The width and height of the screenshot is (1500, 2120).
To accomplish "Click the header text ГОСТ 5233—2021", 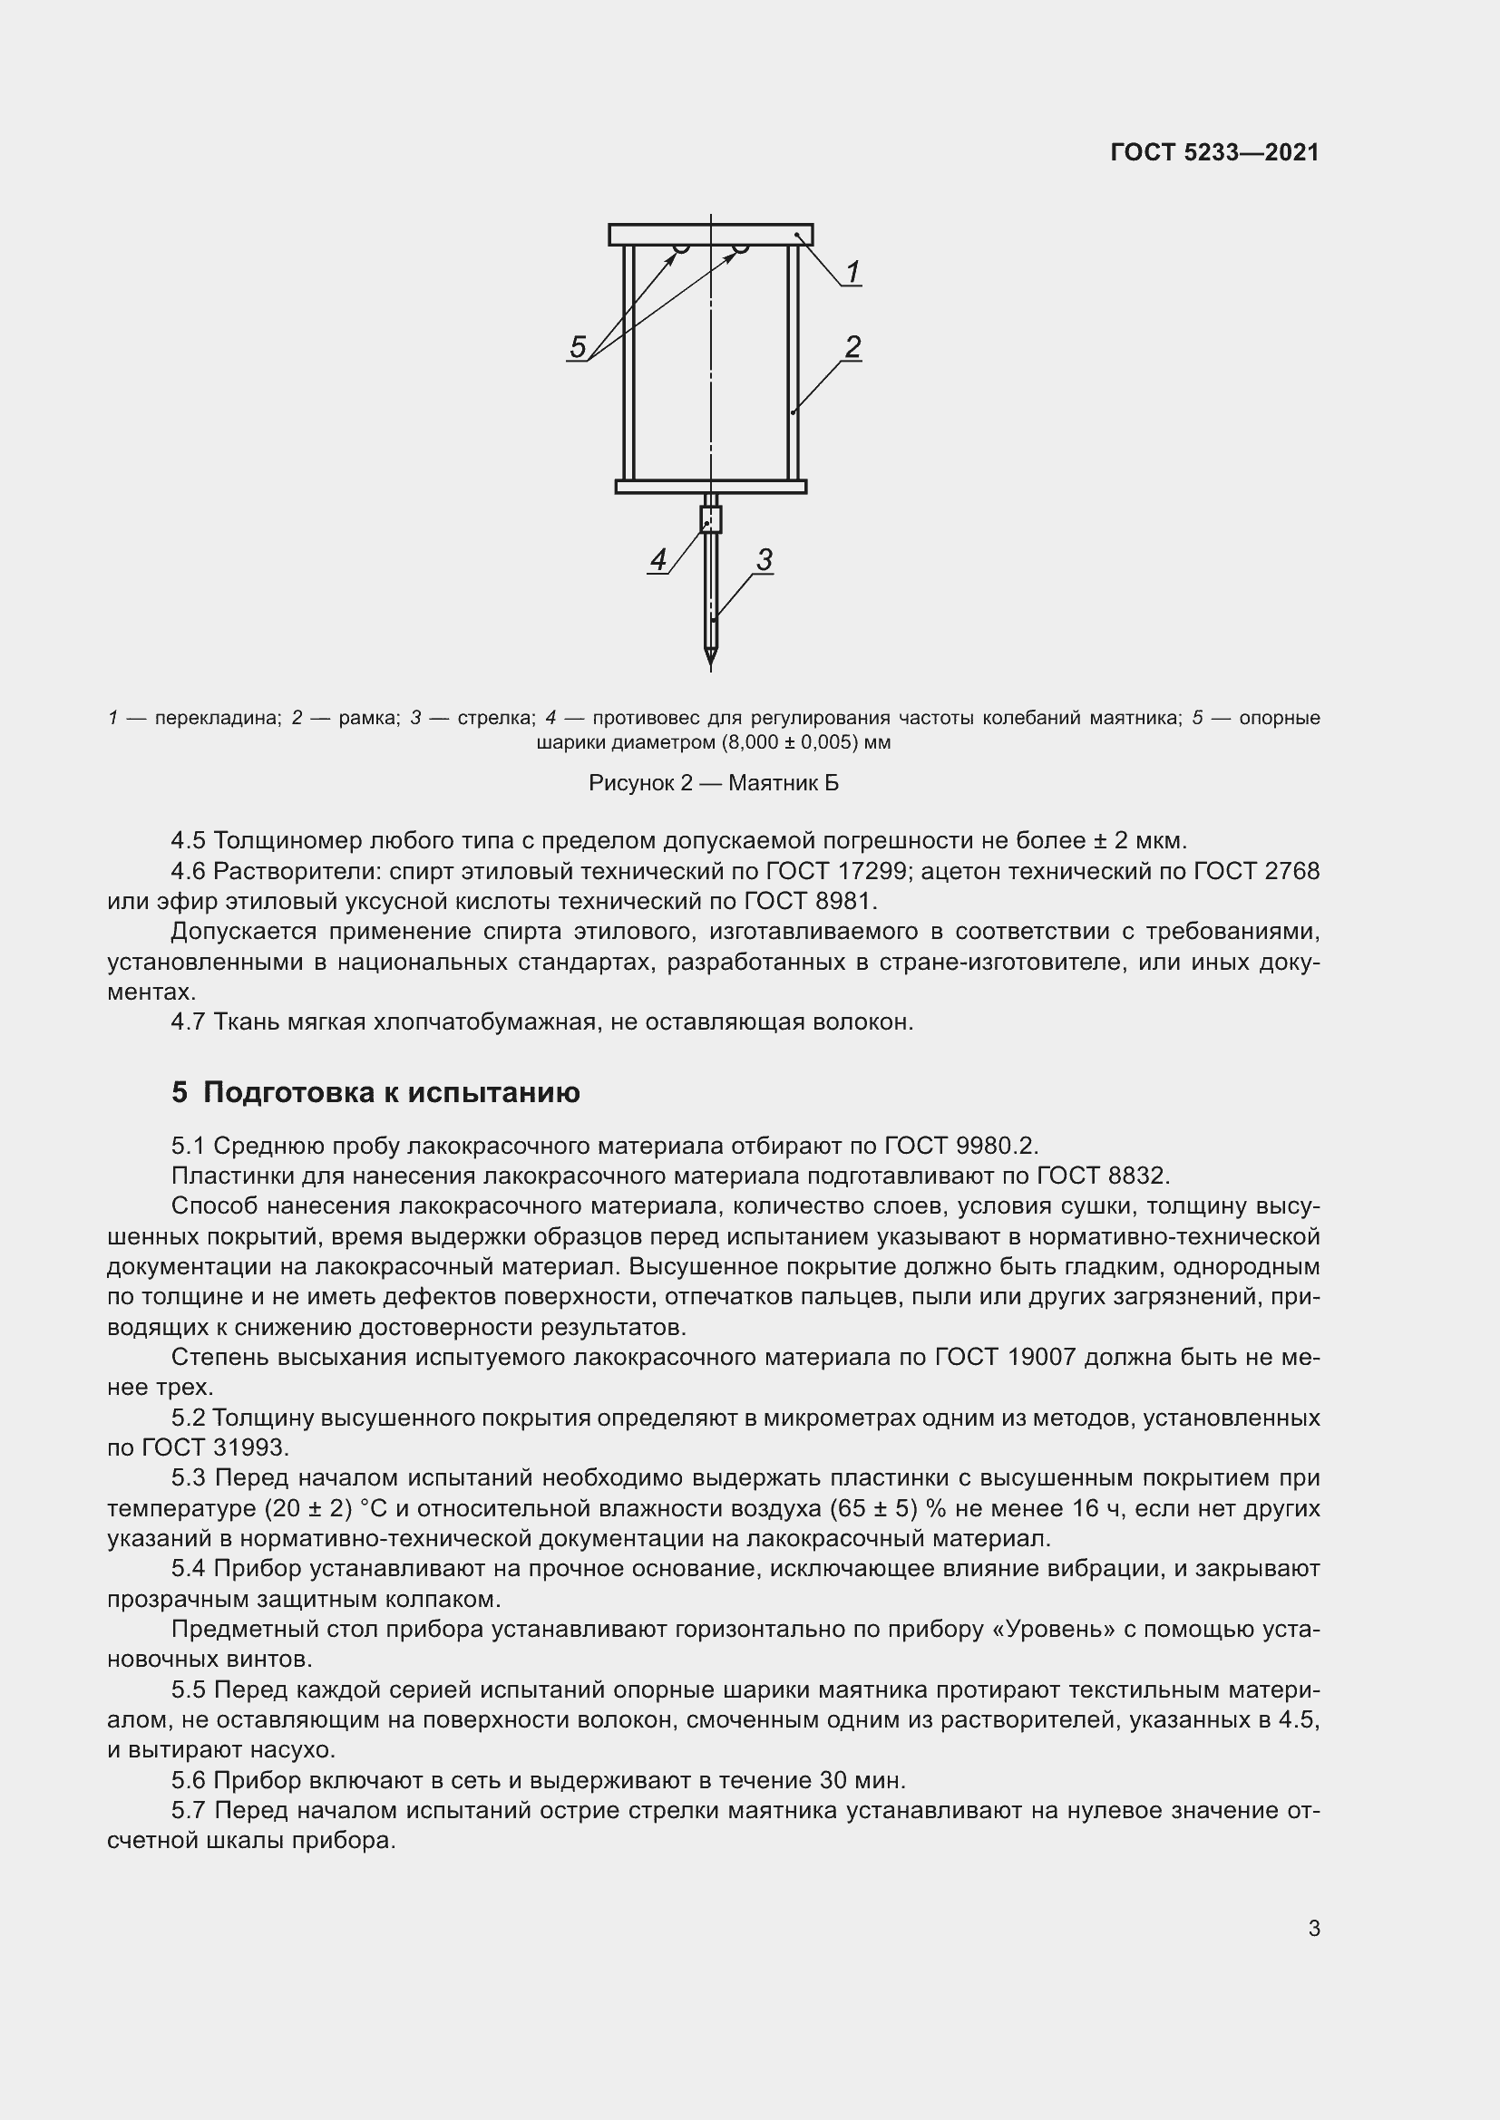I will click(x=1214, y=152).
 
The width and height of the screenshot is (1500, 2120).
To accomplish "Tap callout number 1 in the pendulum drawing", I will click(x=852, y=272).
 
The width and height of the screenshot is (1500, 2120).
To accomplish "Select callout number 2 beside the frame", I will click(x=852, y=346).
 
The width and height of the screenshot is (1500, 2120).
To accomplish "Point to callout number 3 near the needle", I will click(x=764, y=558).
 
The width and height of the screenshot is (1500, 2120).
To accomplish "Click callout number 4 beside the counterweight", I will click(x=657, y=558).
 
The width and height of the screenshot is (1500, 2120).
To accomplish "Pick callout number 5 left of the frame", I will click(x=578, y=347).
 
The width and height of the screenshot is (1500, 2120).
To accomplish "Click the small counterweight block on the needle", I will click(x=710, y=519).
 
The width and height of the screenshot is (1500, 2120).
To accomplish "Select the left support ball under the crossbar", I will click(x=681, y=248).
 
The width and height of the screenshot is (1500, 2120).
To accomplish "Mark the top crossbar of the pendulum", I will click(x=710, y=235).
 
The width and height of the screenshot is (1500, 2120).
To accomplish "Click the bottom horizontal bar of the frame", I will click(x=710, y=487).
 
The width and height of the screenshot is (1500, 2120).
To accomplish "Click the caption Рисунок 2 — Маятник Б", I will click(x=713, y=783).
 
